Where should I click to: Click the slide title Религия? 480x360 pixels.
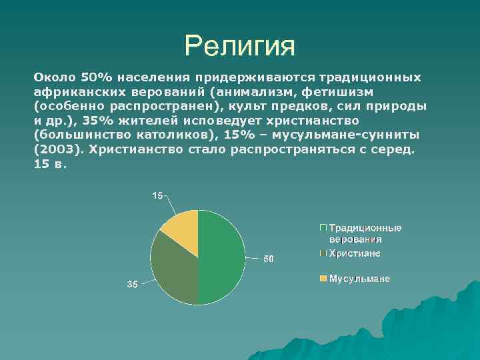[239, 46]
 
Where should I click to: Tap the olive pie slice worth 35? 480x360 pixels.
[174, 267]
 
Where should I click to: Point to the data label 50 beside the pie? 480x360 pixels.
[267, 259]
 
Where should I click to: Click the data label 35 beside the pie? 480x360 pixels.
[133, 285]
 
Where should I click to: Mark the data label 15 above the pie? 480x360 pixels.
[157, 195]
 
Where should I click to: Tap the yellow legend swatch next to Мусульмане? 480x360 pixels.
[323, 279]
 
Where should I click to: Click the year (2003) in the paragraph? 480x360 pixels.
[57, 150]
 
